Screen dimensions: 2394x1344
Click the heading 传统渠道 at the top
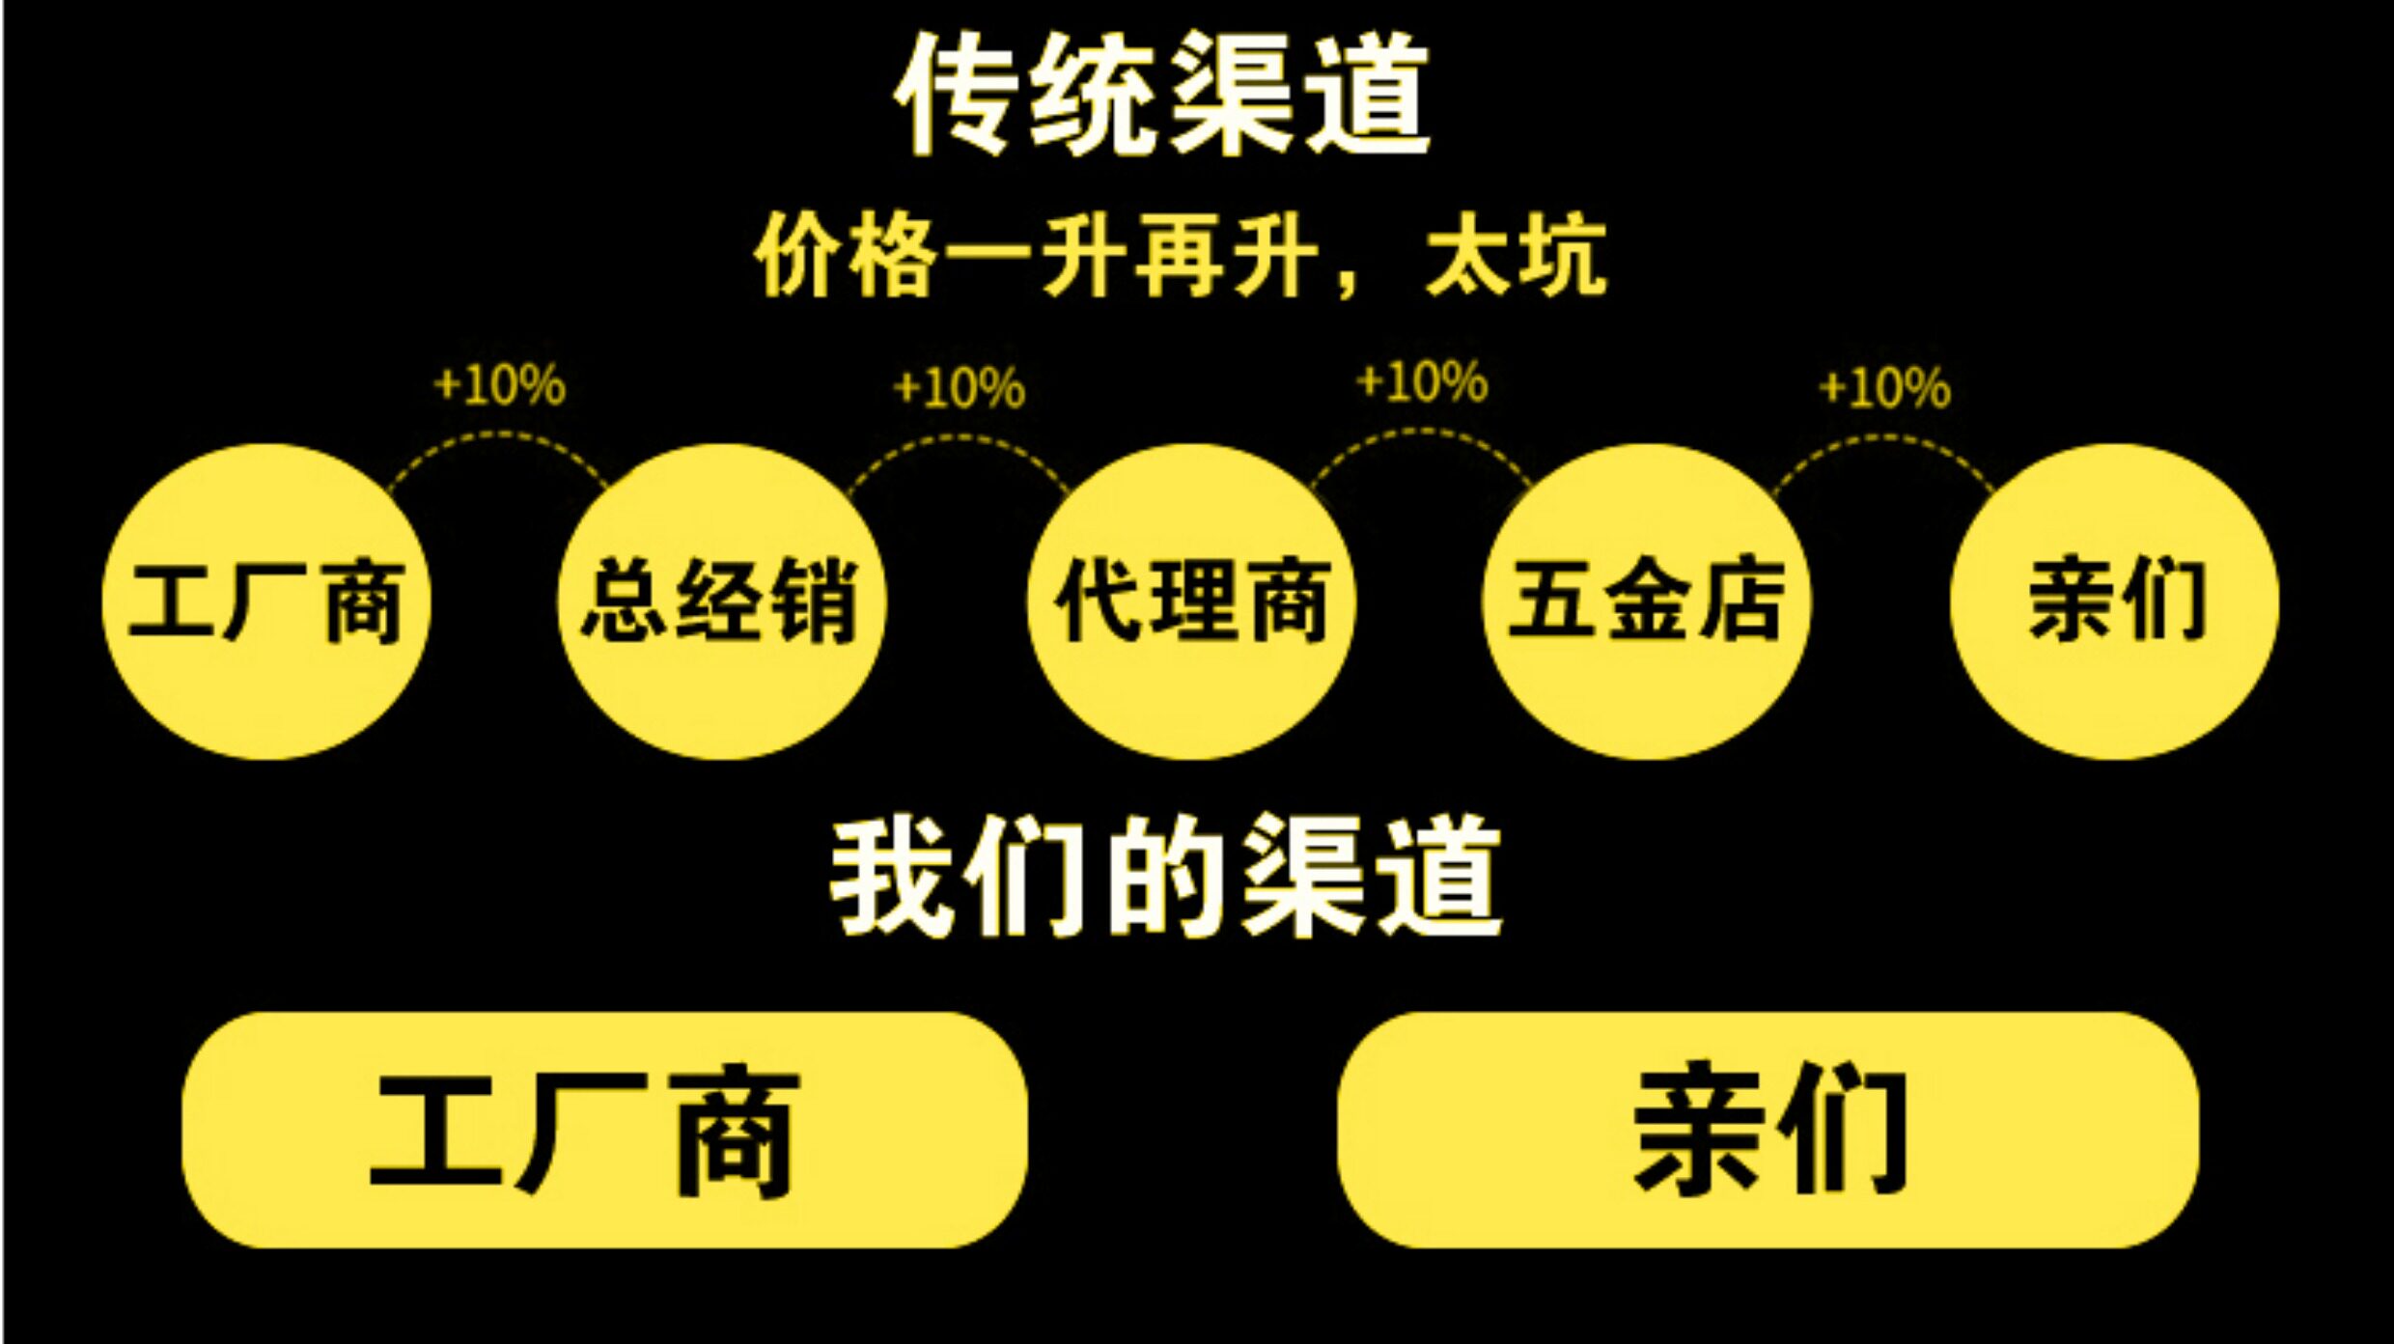[x=1162, y=94]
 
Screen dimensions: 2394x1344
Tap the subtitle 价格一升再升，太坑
[x=1180, y=257]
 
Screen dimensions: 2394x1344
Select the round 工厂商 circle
[x=266, y=602]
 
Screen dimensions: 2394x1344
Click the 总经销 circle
[x=721, y=602]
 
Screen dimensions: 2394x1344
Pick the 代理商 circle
[x=1191, y=602]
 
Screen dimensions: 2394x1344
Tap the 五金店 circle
[x=1646, y=602]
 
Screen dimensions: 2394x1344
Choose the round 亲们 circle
[x=2114, y=602]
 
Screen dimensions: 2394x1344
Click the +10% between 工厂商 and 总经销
[x=499, y=386]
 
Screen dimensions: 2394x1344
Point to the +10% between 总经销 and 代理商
[x=959, y=388]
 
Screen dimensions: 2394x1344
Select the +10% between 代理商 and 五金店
[x=1421, y=382]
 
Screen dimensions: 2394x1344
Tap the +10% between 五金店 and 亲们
[x=1883, y=388]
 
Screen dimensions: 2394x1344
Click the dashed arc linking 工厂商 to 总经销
[x=498, y=436]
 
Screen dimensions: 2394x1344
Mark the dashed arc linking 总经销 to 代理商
[x=959, y=438]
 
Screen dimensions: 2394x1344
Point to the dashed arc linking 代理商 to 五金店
[x=1421, y=434]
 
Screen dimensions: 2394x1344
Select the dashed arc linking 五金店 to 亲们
[x=1883, y=438]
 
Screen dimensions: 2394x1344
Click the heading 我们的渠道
[x=1165, y=877]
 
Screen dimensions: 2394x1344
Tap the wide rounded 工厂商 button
[x=604, y=1131]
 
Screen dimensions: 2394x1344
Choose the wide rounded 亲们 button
[x=1768, y=1131]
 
